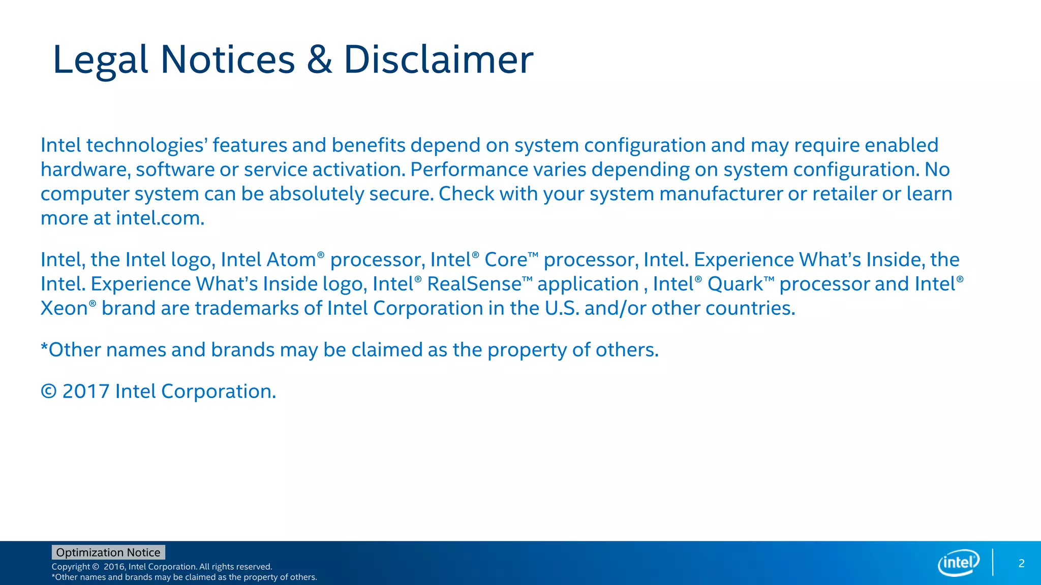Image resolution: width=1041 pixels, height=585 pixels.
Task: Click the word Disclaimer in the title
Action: click(x=438, y=60)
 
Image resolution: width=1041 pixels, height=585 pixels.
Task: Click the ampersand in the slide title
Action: click(x=319, y=60)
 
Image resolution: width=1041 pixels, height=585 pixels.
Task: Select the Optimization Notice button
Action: click(x=108, y=552)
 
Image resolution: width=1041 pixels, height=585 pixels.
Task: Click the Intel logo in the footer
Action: click(x=958, y=563)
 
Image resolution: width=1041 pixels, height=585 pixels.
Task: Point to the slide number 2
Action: click(x=1021, y=563)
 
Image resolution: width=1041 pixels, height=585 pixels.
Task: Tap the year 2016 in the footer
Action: click(x=114, y=567)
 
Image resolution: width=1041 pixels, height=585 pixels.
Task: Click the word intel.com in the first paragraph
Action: click(x=160, y=218)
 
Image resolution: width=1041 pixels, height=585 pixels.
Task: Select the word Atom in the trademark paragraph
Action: click(x=291, y=260)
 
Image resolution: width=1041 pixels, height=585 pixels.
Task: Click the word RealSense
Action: click(x=474, y=284)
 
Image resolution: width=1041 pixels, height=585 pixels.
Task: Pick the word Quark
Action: click(x=736, y=284)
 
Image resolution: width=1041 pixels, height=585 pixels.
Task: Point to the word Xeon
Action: click(x=64, y=309)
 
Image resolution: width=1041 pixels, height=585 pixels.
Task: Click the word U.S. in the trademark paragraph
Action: click(x=562, y=309)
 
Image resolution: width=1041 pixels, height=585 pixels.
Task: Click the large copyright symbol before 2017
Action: click(x=49, y=392)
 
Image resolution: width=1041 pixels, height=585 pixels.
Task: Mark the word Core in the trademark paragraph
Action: click(x=506, y=260)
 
